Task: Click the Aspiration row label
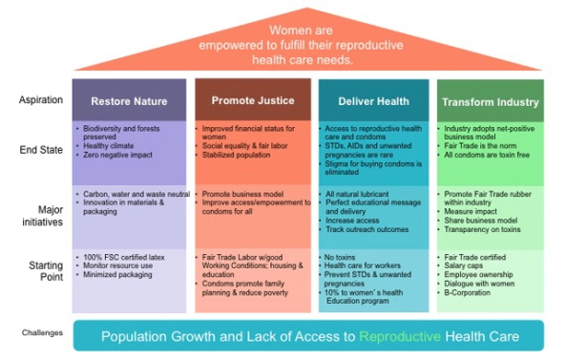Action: pyautogui.click(x=41, y=99)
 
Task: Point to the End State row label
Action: pyautogui.click(x=40, y=149)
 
